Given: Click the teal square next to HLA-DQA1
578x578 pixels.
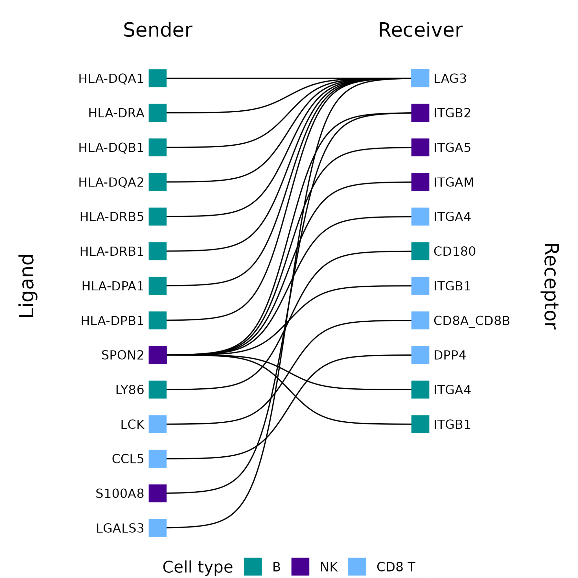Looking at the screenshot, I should tap(157, 78).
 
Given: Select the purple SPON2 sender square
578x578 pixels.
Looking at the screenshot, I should tap(157, 355).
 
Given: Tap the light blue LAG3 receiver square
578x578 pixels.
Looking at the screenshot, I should tap(420, 78).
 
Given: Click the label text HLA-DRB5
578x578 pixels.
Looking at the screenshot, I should tap(111, 216).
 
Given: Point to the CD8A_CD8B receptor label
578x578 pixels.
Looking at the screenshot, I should tap(472, 321).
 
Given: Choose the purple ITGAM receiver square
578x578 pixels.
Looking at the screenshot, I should tap(420, 182).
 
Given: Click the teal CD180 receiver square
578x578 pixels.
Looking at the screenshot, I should tap(420, 251).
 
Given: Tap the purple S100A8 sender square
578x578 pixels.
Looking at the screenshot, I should tap(157, 493).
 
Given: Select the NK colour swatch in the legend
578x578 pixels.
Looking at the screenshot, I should tap(300, 567).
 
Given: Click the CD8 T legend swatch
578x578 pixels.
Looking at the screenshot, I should tap(357, 567).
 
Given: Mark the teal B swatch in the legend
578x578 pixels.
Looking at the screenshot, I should tap(253, 567).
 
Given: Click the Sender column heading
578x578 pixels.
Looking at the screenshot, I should tap(158, 30).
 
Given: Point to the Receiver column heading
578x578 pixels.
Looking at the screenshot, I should tap(420, 30).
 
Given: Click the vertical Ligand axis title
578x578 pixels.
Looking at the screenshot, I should tap(27, 286).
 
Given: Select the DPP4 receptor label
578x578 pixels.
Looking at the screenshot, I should tap(449, 355).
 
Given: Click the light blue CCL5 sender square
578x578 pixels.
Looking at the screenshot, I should tap(157, 459).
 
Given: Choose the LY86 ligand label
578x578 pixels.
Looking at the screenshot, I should tap(130, 390).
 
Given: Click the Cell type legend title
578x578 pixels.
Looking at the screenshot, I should tap(198, 567).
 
